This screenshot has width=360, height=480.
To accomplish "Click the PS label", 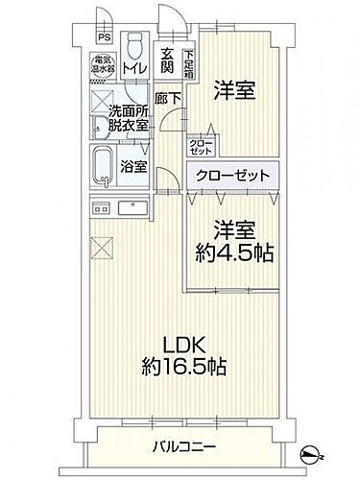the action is [103, 38].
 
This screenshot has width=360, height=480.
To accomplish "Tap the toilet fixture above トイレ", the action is [135, 46].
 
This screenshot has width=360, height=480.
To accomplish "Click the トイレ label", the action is [135, 70].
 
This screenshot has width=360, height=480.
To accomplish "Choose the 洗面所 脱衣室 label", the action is [127, 116].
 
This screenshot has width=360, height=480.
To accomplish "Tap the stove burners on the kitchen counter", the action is [100, 209].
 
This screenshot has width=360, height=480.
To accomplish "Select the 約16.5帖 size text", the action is [186, 368].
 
